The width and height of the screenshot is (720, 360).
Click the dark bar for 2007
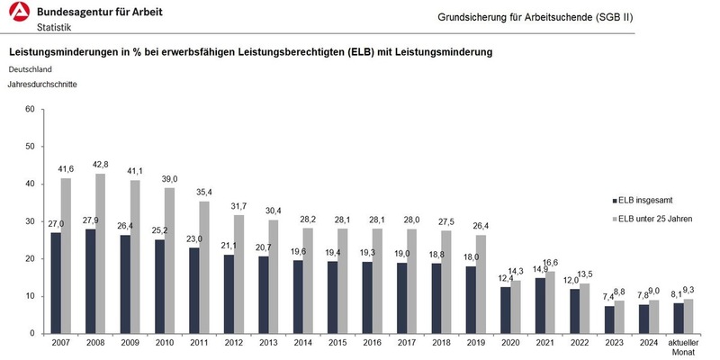[57, 283]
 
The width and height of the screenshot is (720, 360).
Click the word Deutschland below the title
[31, 68]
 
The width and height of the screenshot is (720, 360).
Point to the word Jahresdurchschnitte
[42, 85]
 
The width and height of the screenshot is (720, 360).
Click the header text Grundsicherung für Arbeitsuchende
[550, 17]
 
